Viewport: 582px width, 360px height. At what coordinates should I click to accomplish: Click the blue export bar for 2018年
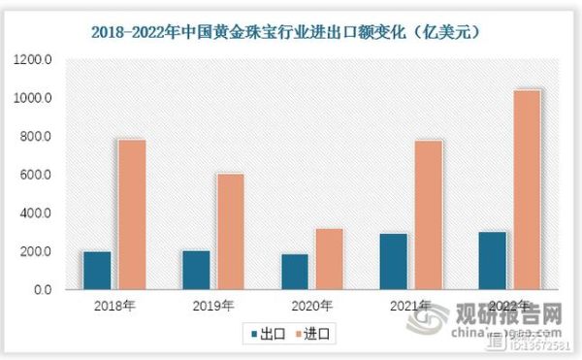click(96, 270)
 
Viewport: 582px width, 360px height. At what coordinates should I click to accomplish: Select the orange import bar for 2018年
click(131, 214)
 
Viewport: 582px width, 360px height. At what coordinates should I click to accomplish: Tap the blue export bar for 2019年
click(195, 270)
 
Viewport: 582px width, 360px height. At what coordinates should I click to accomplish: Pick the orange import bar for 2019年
click(230, 231)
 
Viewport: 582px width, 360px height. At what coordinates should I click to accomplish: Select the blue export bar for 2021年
click(394, 261)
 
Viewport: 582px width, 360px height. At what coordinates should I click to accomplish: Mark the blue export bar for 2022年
click(492, 260)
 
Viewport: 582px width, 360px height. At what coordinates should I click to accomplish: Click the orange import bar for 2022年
click(527, 189)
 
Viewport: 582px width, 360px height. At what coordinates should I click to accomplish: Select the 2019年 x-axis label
click(213, 308)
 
